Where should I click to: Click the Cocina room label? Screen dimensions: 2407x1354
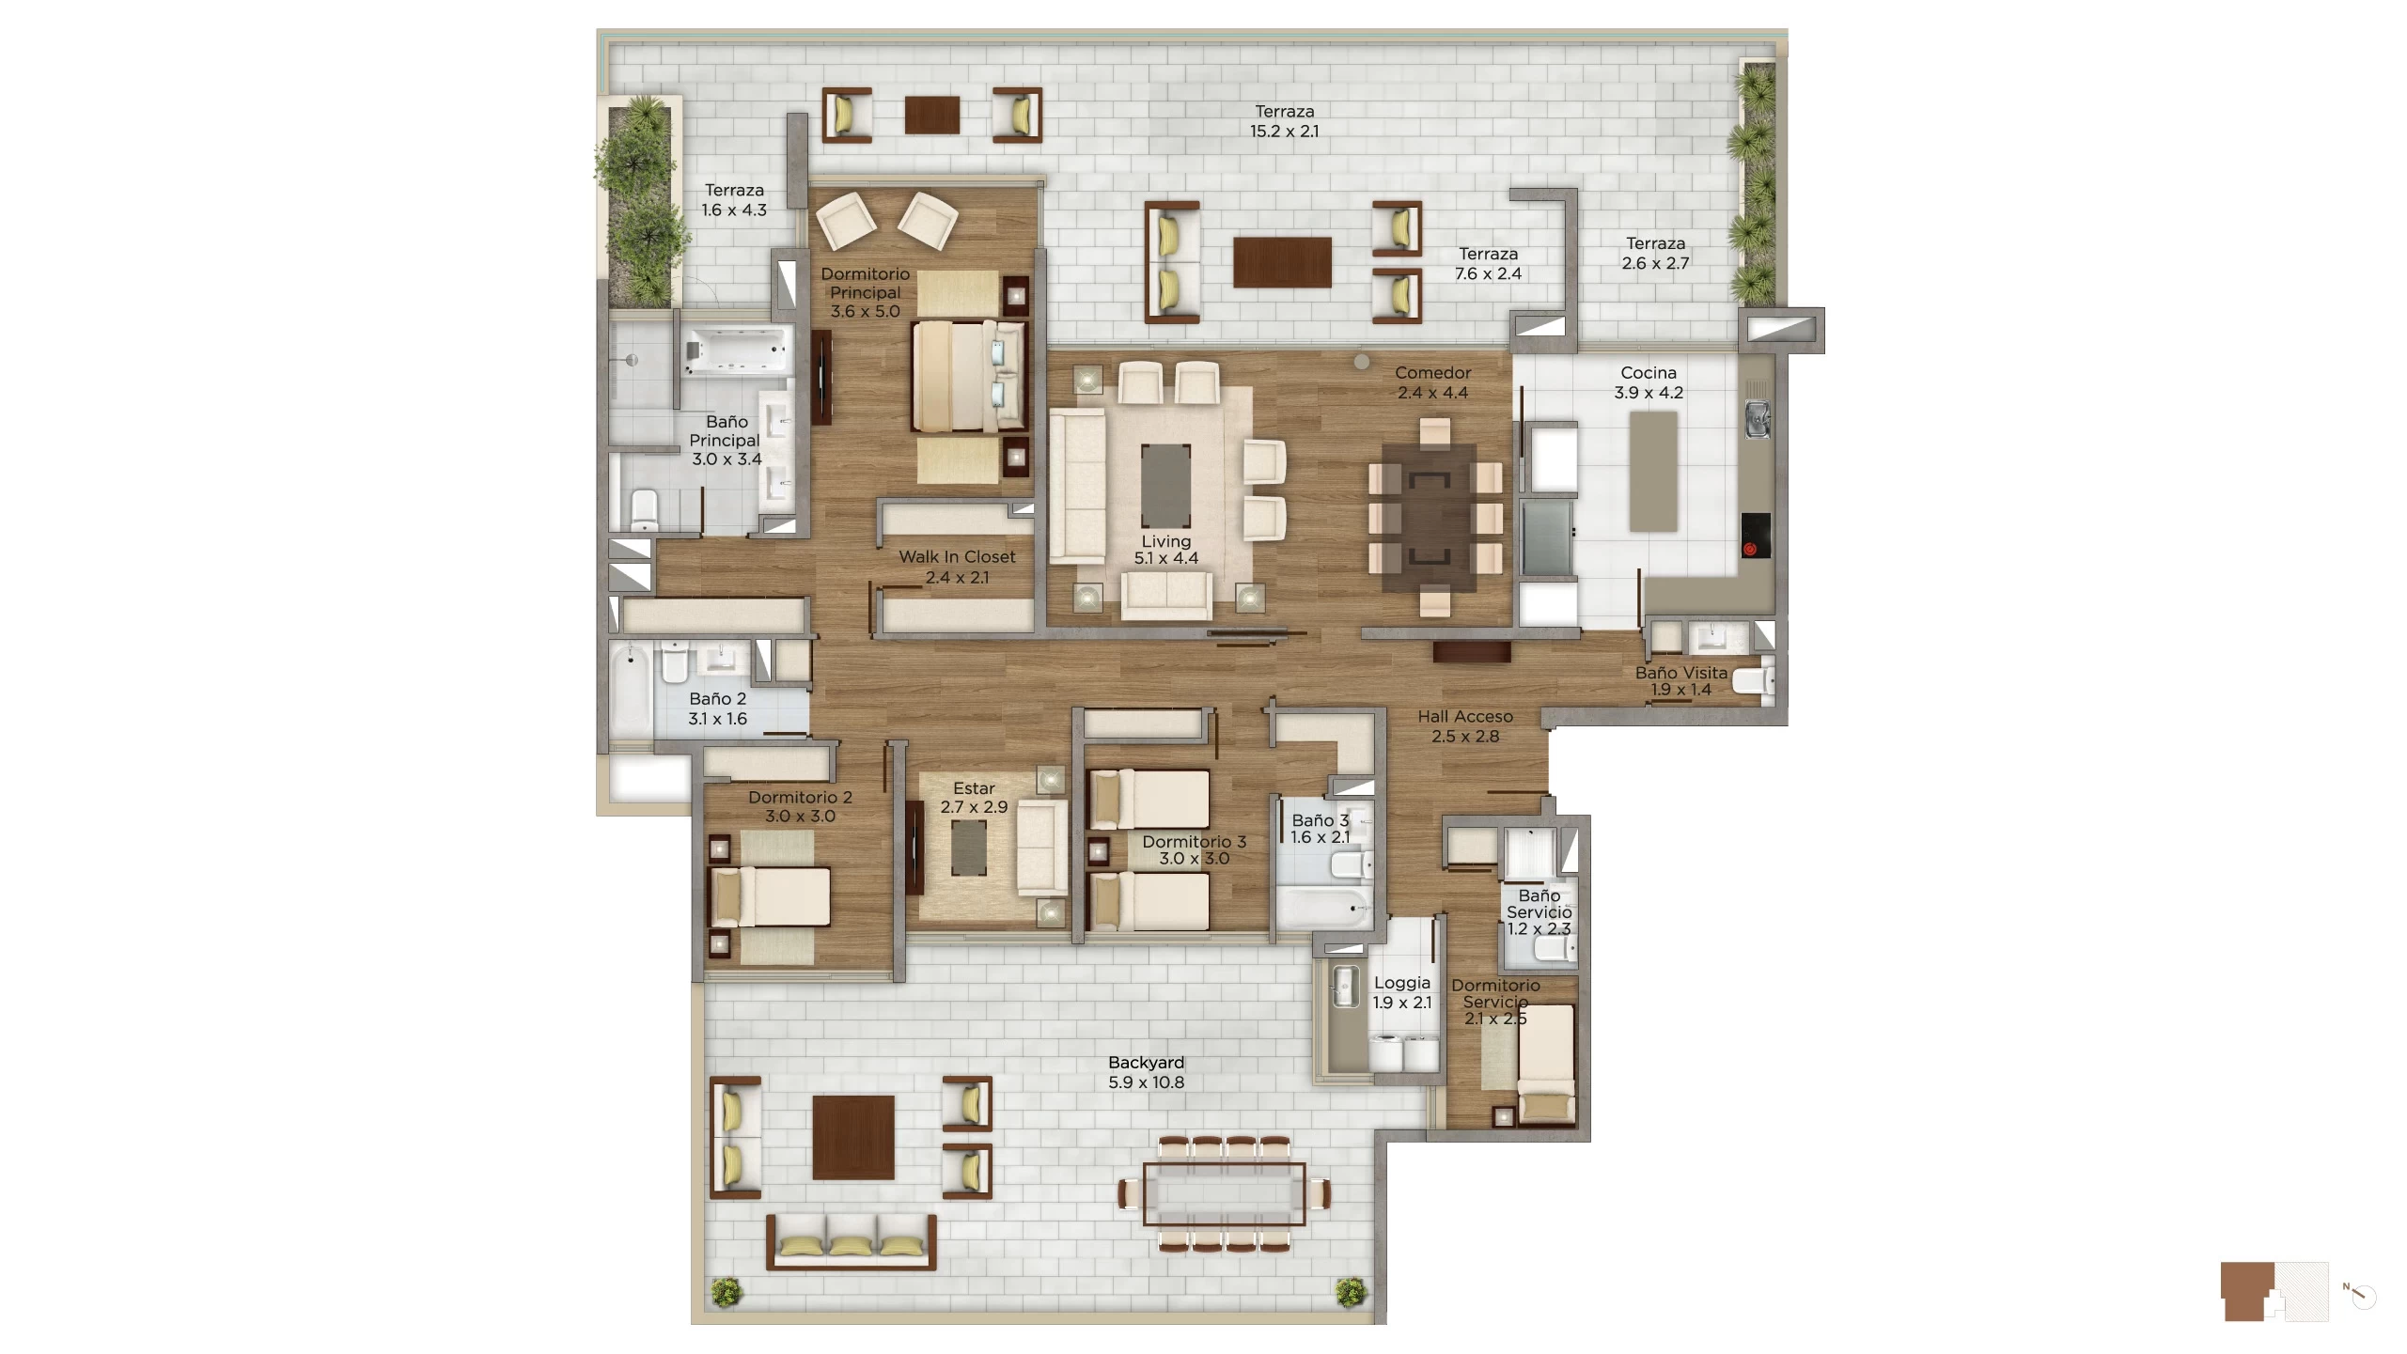(1649, 373)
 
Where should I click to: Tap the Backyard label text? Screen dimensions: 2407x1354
(1146, 1063)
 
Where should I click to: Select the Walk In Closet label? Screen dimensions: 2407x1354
(957, 557)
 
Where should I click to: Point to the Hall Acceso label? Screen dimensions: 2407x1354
(1465, 717)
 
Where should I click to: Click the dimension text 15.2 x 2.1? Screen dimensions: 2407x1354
(1284, 132)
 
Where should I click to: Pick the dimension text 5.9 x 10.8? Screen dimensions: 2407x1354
(1146, 1082)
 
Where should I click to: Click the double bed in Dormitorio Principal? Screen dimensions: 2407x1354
(969, 377)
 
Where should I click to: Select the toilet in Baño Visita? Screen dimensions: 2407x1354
(1753, 679)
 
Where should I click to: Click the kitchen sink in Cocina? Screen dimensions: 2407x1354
(1757, 419)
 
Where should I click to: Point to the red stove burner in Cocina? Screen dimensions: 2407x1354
(1750, 549)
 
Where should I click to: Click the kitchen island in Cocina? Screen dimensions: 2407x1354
(1653, 472)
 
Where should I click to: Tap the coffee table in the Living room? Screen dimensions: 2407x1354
(1165, 487)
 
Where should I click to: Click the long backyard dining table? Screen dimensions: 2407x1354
(1224, 1194)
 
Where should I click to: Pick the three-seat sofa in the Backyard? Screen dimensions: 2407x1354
(851, 1242)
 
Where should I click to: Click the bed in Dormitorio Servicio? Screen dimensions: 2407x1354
(1546, 1063)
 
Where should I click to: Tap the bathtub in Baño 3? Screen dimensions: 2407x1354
(1323, 906)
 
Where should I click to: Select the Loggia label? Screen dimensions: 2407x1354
(1401, 983)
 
